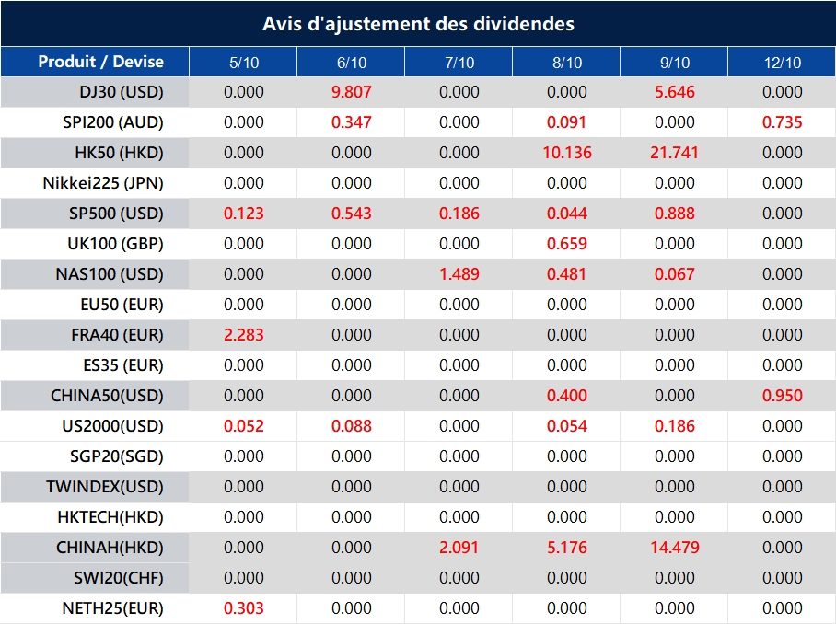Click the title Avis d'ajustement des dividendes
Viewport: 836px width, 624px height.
pos(418,24)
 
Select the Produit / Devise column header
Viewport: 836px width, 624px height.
pos(100,62)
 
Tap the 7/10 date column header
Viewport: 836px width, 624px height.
pos(459,63)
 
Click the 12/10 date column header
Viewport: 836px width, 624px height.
pos(783,63)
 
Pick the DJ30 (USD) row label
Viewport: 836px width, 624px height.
pos(121,92)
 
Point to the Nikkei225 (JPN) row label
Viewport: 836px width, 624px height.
pos(103,183)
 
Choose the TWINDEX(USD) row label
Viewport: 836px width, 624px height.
pos(105,487)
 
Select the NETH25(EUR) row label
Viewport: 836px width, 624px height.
pos(112,608)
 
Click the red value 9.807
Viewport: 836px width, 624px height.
pos(352,92)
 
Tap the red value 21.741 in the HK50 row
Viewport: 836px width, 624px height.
pos(675,153)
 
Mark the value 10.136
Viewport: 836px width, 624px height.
pos(567,153)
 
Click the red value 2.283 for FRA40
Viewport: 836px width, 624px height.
pos(244,335)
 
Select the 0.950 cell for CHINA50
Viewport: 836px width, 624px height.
pos(783,396)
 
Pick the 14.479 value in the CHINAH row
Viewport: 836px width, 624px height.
pos(675,548)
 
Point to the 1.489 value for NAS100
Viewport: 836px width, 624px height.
pos(459,274)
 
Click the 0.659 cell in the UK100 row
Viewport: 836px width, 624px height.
pos(567,244)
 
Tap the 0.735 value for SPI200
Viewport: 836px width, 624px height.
pos(783,122)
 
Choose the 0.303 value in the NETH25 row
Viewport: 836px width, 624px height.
pos(244,608)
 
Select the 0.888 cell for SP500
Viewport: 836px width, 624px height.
pos(675,214)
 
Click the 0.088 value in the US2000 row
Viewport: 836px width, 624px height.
pos(352,426)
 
